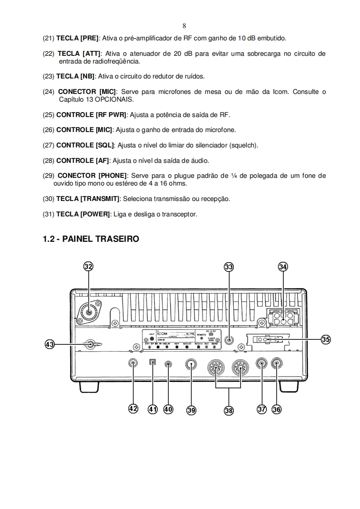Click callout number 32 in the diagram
(x=88, y=267)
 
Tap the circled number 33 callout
(x=229, y=267)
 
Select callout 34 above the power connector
(x=283, y=267)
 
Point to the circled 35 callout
(x=326, y=339)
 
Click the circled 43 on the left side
(x=50, y=344)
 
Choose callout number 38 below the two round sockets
(x=228, y=410)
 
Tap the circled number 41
(x=153, y=409)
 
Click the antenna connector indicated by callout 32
(x=89, y=312)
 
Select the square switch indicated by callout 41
(x=153, y=362)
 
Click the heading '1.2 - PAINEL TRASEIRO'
(x=90, y=239)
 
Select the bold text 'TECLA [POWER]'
(x=83, y=214)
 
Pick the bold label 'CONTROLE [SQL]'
(x=86, y=145)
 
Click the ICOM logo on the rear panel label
(x=162, y=334)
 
